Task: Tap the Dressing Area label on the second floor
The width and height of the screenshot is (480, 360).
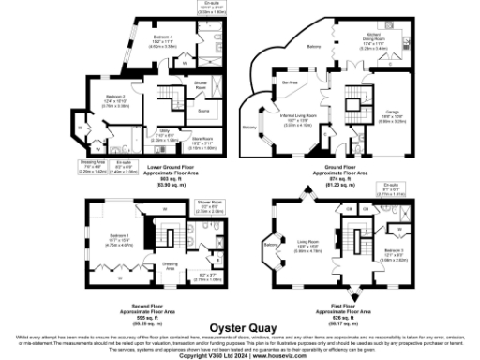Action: [x=170, y=265]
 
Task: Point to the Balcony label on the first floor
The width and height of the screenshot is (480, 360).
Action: [x=272, y=246]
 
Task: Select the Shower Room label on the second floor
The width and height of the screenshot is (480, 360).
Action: [x=210, y=202]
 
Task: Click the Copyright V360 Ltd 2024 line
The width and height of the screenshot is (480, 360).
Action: [x=240, y=354]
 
